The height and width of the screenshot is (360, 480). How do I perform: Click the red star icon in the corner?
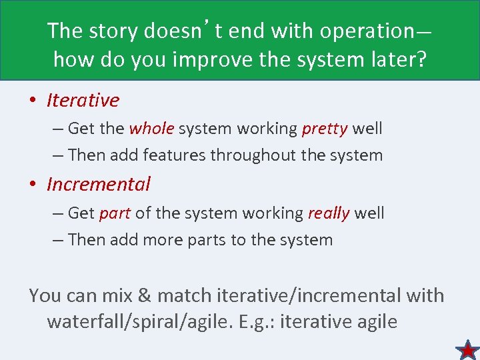[x=468, y=349]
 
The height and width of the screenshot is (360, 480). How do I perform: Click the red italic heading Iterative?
[x=83, y=100]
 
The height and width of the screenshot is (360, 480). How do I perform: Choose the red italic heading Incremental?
[x=99, y=184]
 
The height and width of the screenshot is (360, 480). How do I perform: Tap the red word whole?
[x=151, y=128]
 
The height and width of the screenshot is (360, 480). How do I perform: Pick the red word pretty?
[x=325, y=128]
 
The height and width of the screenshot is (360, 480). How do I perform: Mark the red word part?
[x=115, y=213]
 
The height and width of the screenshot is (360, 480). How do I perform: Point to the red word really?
[x=329, y=213]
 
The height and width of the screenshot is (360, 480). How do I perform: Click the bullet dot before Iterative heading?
[x=32, y=101]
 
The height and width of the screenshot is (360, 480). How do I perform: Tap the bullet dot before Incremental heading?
[x=32, y=185]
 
